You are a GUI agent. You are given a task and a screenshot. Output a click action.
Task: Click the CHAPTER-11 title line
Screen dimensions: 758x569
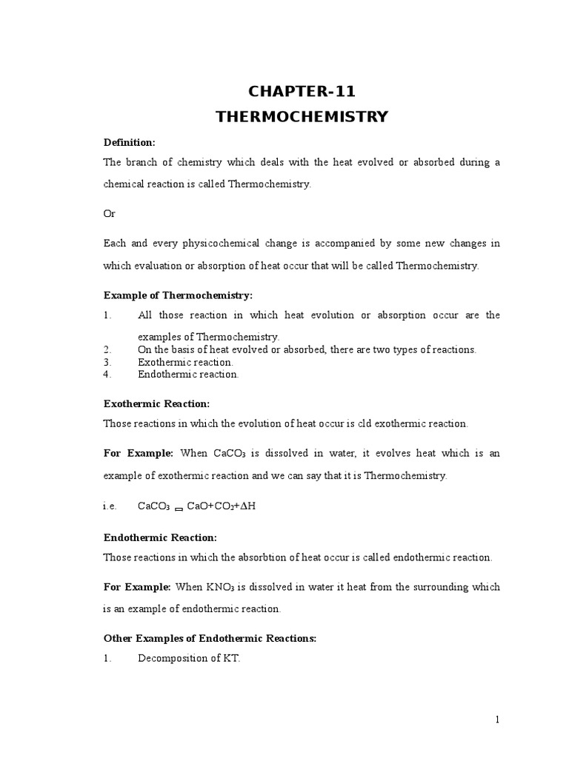click(x=302, y=92)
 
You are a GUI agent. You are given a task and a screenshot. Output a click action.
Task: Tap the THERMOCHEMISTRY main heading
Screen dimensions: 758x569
click(x=302, y=116)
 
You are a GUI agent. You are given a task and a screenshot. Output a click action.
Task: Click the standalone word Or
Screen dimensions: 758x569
click(x=109, y=213)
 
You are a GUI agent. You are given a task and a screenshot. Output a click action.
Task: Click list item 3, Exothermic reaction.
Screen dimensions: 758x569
click(x=185, y=362)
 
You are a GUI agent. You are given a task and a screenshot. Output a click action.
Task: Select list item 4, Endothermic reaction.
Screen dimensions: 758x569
click(x=188, y=375)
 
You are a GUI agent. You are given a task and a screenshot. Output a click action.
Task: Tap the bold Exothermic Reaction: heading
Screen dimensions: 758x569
click(x=156, y=403)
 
